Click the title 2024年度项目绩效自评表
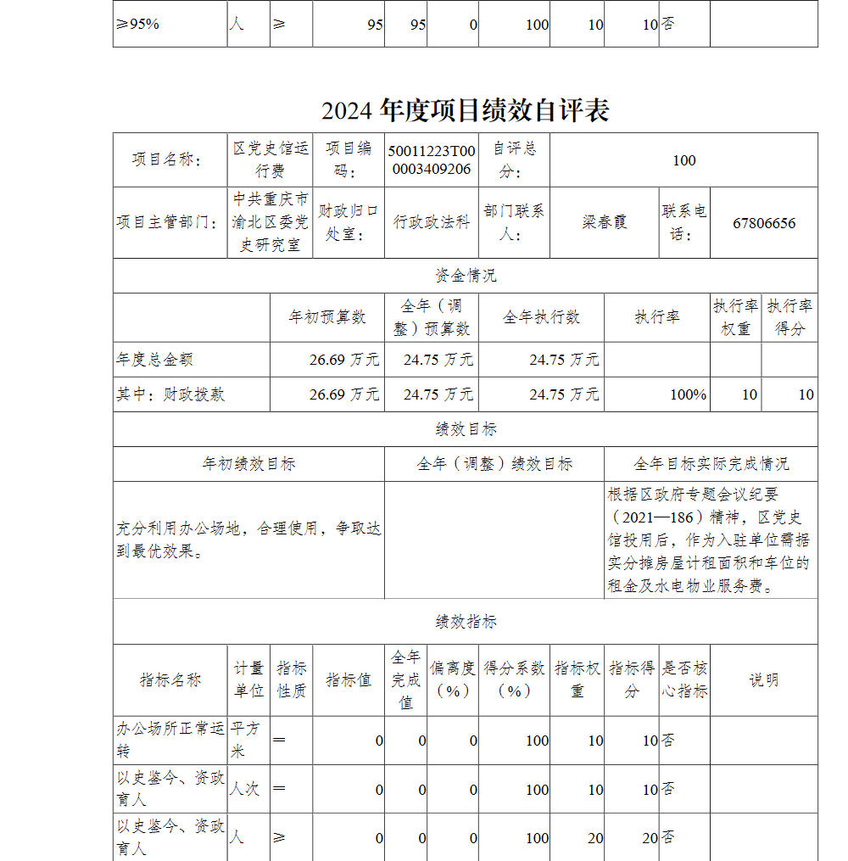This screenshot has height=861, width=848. coord(465,111)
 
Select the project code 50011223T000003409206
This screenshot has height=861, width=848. coord(432,159)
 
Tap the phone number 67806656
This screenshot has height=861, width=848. coord(764,223)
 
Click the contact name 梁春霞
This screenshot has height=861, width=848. coord(604,223)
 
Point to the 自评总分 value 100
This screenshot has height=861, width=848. coord(683,160)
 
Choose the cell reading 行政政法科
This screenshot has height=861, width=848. coord(431,222)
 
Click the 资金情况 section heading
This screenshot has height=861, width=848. coord(466,276)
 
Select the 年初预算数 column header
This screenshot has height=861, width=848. coord(327,317)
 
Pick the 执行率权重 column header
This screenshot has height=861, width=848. coord(735,317)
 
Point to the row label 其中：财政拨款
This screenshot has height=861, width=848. coord(171,394)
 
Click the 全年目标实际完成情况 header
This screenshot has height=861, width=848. coord(711,464)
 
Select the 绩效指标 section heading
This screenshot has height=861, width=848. coord(466,622)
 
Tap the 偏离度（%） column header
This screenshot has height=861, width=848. coord(453,679)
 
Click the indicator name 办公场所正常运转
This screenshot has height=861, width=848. coord(170,740)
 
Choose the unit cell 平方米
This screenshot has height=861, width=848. coord(248,740)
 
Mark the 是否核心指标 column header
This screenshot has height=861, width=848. coord(684,679)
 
